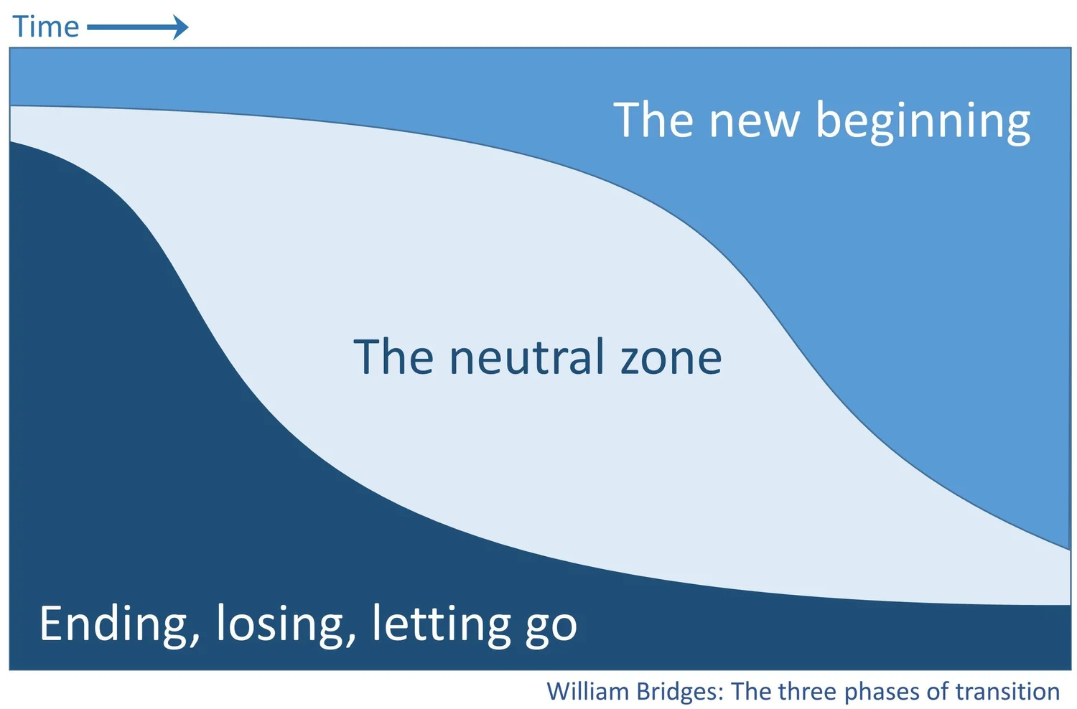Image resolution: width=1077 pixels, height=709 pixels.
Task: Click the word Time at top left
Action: pos(46,27)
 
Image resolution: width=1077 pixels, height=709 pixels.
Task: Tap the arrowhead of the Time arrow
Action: pos(181,28)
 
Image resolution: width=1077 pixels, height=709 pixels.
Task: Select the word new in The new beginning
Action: pos(754,121)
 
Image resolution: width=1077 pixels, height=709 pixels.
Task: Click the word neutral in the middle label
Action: pos(526,357)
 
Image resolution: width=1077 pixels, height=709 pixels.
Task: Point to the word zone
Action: pos(671,357)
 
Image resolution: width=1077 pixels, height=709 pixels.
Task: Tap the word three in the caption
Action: pos(808,692)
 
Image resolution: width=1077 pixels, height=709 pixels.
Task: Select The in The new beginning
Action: pos(653,121)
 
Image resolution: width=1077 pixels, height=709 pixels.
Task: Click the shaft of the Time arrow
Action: pos(129,28)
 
